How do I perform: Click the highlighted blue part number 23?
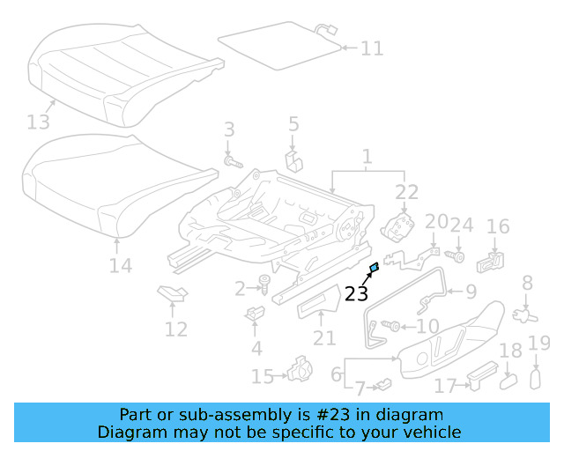click(x=374, y=267)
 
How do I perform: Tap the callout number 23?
click(x=356, y=293)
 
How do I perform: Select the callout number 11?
click(x=372, y=48)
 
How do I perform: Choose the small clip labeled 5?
click(x=293, y=159)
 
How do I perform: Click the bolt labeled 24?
click(x=458, y=255)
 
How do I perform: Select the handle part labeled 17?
click(x=479, y=377)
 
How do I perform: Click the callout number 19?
click(x=538, y=344)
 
